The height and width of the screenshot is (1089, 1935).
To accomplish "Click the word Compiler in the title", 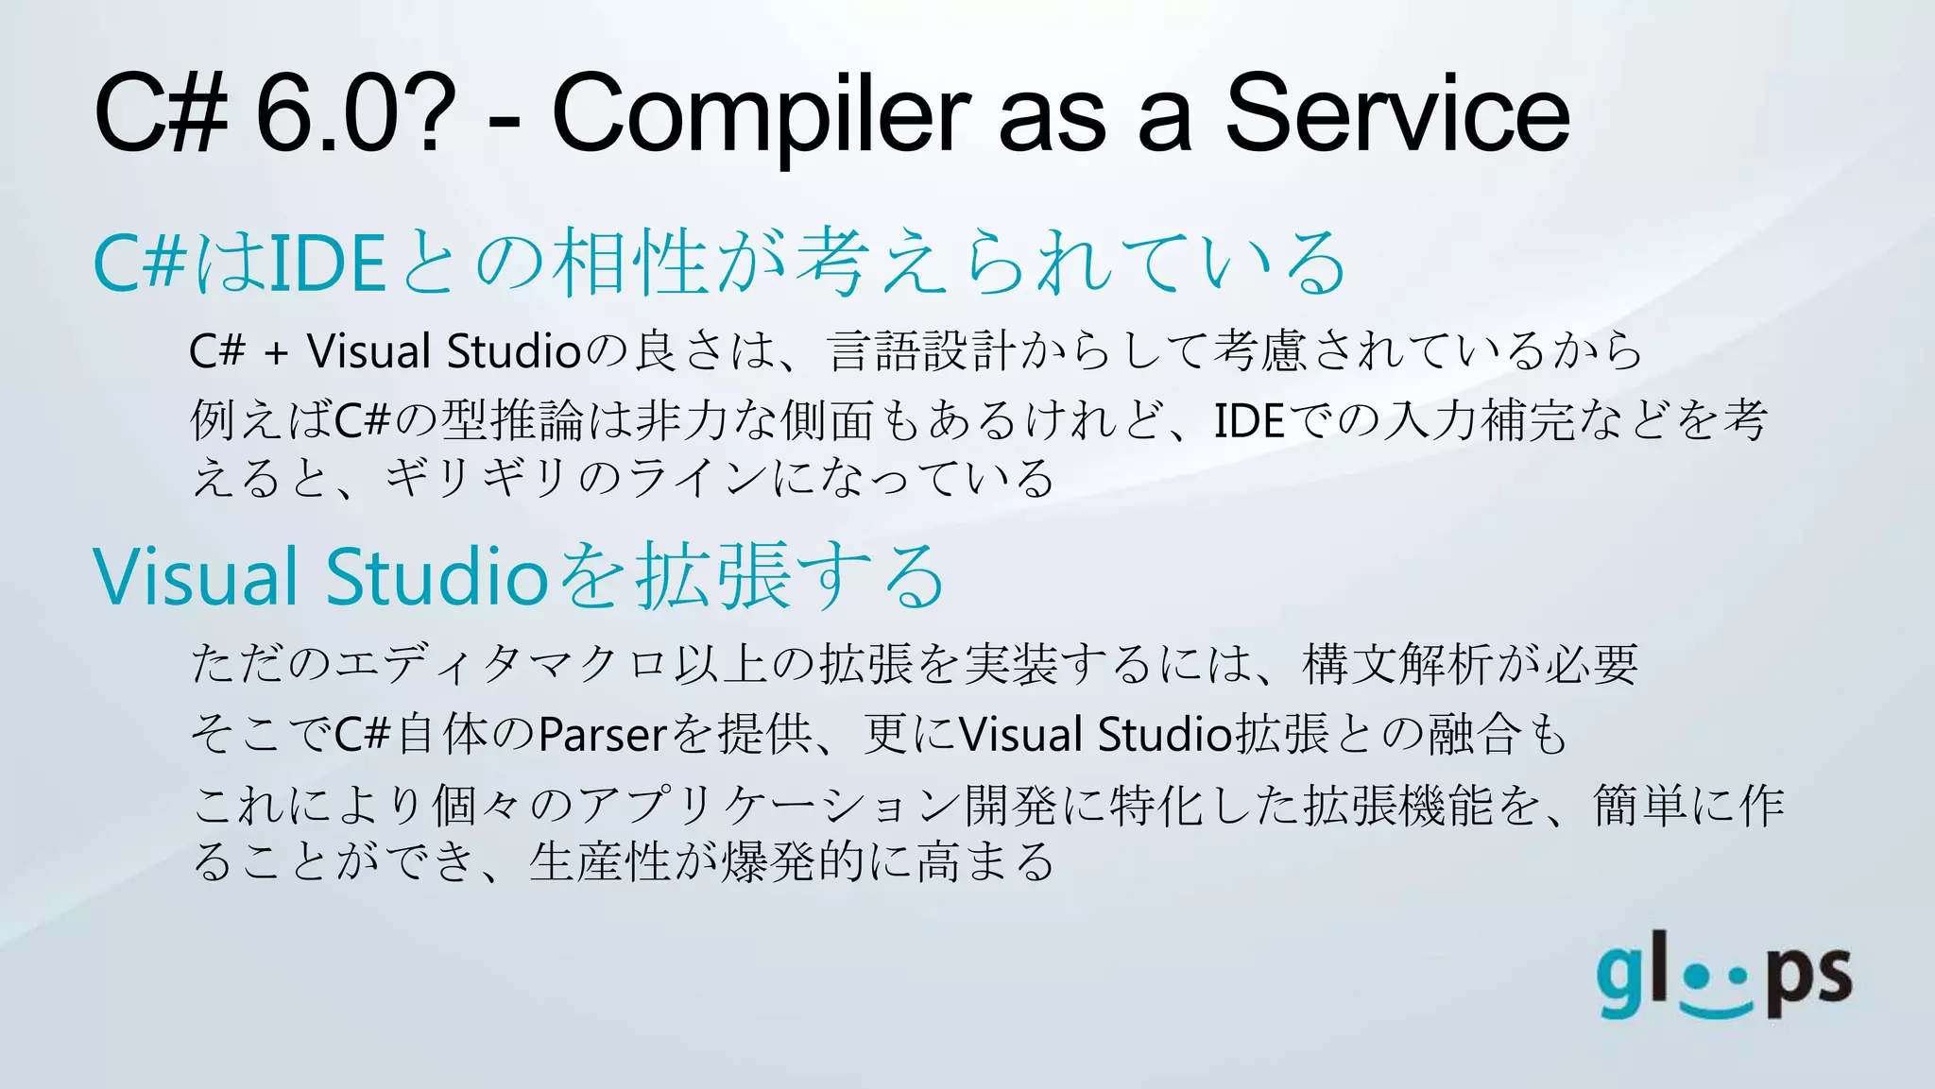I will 761,115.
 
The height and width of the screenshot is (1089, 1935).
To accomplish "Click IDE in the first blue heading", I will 327,263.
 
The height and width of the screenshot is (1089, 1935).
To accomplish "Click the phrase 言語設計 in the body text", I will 922,351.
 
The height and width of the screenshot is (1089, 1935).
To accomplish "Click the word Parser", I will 603,735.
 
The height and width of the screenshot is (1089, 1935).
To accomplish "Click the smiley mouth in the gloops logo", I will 1718,1008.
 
